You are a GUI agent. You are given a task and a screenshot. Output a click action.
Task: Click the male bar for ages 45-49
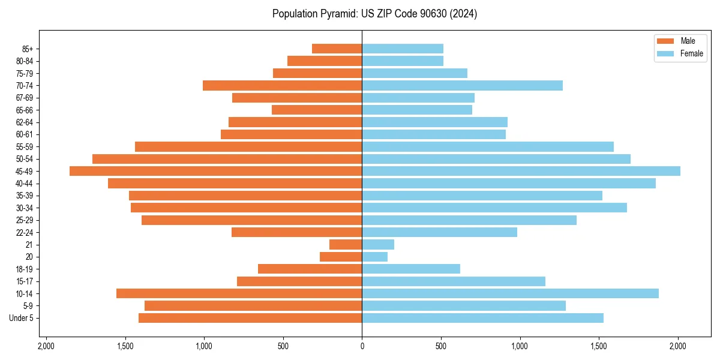(215, 171)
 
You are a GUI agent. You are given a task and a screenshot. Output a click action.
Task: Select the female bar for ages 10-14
(510, 293)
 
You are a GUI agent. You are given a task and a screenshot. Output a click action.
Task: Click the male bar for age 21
(346, 245)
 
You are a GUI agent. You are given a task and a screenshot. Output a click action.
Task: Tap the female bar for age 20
(374, 257)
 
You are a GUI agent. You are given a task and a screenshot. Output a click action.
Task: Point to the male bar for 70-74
(282, 85)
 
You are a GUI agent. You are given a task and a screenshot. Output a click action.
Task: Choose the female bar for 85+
(402, 49)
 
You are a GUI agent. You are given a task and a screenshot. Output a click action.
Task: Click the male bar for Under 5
(250, 318)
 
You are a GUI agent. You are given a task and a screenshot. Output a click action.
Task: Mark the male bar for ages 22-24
(296, 232)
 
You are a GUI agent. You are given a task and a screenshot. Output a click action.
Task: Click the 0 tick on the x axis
(362, 346)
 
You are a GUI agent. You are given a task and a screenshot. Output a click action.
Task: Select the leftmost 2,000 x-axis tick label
(46, 346)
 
